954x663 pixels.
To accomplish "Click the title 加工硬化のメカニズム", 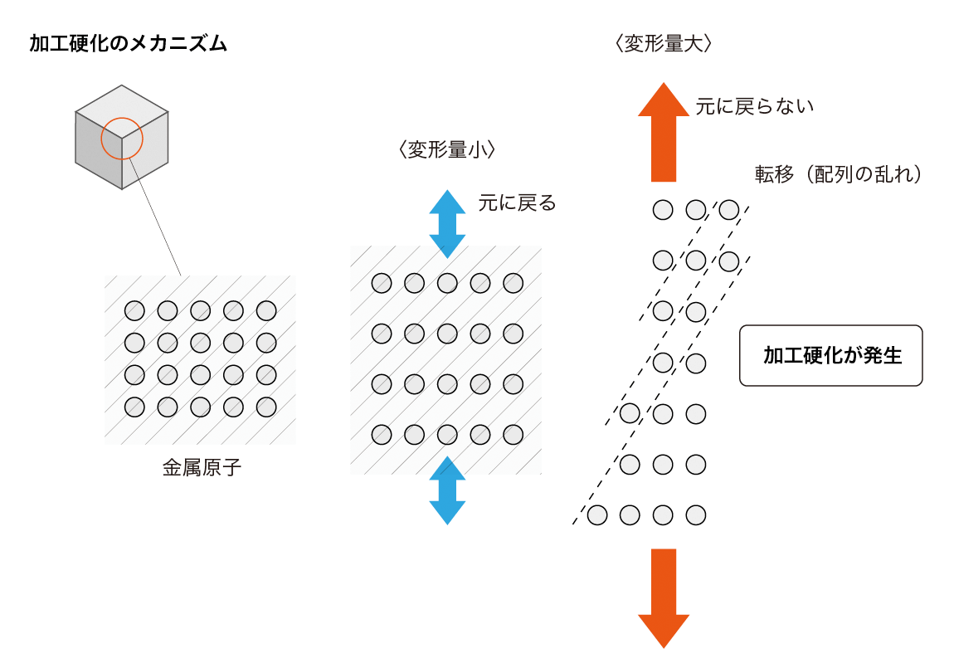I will [128, 44].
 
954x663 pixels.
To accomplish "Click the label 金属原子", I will [202, 468].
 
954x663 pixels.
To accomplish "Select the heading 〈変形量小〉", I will [446, 150].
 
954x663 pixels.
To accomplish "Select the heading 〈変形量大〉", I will [664, 44].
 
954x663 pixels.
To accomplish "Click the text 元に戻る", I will [517, 202].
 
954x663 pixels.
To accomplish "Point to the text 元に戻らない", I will [755, 107].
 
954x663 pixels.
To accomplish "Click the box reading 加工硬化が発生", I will [830, 356].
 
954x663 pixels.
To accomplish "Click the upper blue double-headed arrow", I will [447, 223].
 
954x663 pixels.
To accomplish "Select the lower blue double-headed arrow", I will [447, 490].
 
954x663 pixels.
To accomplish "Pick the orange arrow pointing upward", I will [663, 132].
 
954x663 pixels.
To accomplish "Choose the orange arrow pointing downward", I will [663, 597].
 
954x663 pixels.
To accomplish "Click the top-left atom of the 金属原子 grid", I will [134, 311].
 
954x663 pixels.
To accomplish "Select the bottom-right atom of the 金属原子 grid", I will [266, 407].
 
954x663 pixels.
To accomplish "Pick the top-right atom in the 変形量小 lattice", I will [514, 283].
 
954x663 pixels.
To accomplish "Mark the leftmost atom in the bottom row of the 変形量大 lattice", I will [596, 515].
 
